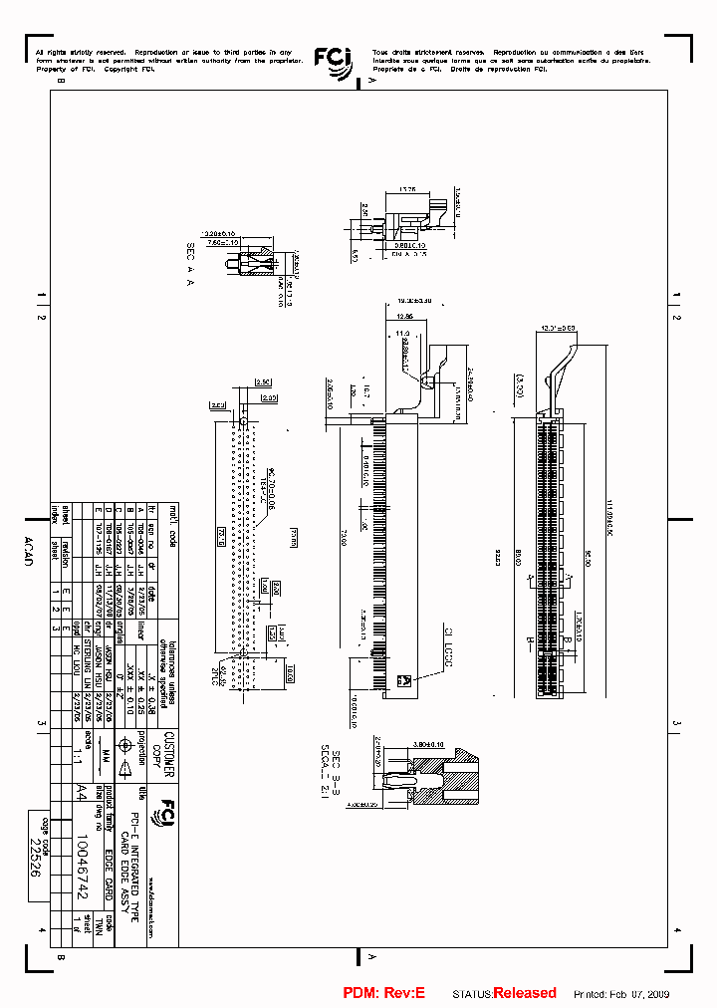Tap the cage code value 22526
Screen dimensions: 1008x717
pyautogui.click(x=38, y=846)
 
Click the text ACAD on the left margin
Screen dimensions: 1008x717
pyautogui.click(x=27, y=548)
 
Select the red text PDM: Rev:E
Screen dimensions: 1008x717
pyautogui.click(x=383, y=993)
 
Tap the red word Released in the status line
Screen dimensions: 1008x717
pyautogui.click(x=525, y=993)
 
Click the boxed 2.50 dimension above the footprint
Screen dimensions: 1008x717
pyautogui.click(x=263, y=381)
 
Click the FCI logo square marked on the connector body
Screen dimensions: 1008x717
pyautogui.click(x=404, y=681)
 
